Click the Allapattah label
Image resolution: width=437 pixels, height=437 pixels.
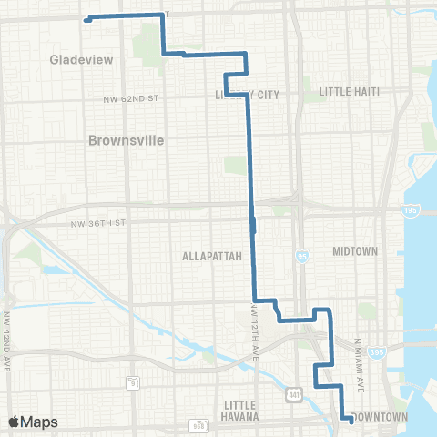point(212,256)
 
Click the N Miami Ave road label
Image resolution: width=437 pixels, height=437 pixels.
point(359,365)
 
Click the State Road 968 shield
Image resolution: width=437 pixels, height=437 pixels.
point(198,424)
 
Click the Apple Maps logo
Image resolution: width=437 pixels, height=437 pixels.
point(34,422)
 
